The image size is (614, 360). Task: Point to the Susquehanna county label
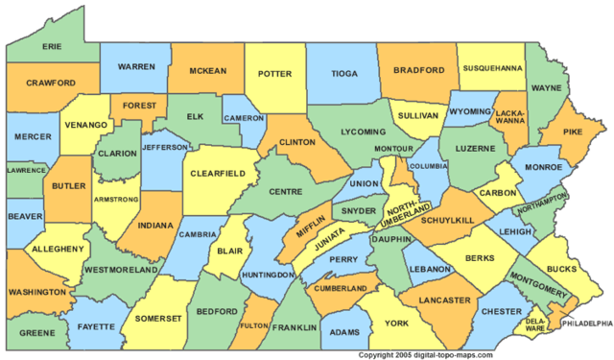pos(493,69)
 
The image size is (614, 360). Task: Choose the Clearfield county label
pos(218,173)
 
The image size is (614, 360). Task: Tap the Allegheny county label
pos(56,250)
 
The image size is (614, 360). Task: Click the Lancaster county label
pos(445,300)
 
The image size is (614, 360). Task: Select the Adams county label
pos(344,332)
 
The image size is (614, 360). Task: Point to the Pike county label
pos(572,132)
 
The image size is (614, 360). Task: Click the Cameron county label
pos(244,118)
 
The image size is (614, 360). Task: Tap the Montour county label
pos(393,149)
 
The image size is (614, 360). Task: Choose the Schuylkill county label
pos(443,220)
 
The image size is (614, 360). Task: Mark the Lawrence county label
pos(26,169)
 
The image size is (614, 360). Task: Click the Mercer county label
pos(33,137)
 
